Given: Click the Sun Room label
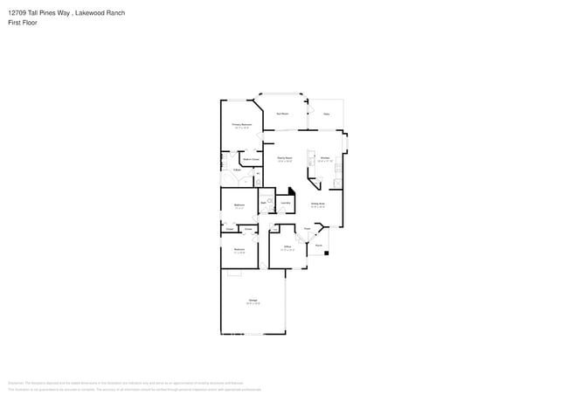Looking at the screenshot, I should [x=283, y=114].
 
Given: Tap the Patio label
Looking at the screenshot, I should [x=326, y=114].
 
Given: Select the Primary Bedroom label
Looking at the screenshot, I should [x=241, y=125].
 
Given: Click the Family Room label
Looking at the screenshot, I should [x=285, y=158].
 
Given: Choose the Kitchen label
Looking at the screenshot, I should [x=324, y=158].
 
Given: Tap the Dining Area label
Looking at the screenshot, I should [x=318, y=204].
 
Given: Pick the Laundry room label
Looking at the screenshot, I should [x=286, y=203].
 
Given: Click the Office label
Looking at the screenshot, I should [x=287, y=247].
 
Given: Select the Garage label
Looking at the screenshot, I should [x=253, y=301].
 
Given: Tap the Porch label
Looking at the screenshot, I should [x=319, y=246].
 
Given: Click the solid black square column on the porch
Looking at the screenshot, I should [x=326, y=253].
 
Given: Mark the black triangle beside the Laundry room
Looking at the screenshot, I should [x=292, y=193].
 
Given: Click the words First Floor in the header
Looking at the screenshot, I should [x=23, y=23].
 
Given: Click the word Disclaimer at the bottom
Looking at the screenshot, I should [x=15, y=382].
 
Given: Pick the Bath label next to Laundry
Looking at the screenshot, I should [x=264, y=203].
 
